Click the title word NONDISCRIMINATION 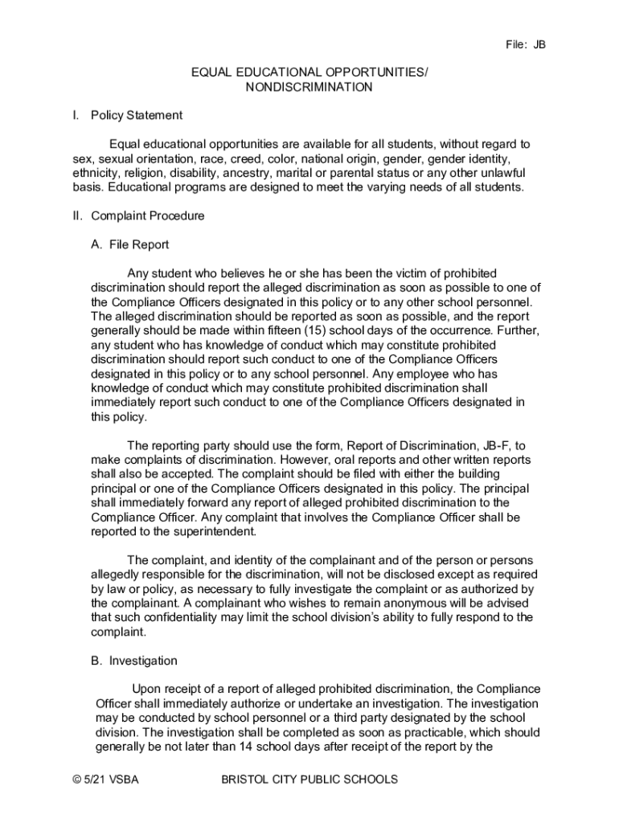[x=309, y=87]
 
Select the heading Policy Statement [x=137, y=116]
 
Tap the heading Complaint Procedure [x=148, y=216]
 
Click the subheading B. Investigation [x=134, y=661]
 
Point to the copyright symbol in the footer [x=76, y=780]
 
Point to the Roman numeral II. [x=77, y=216]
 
